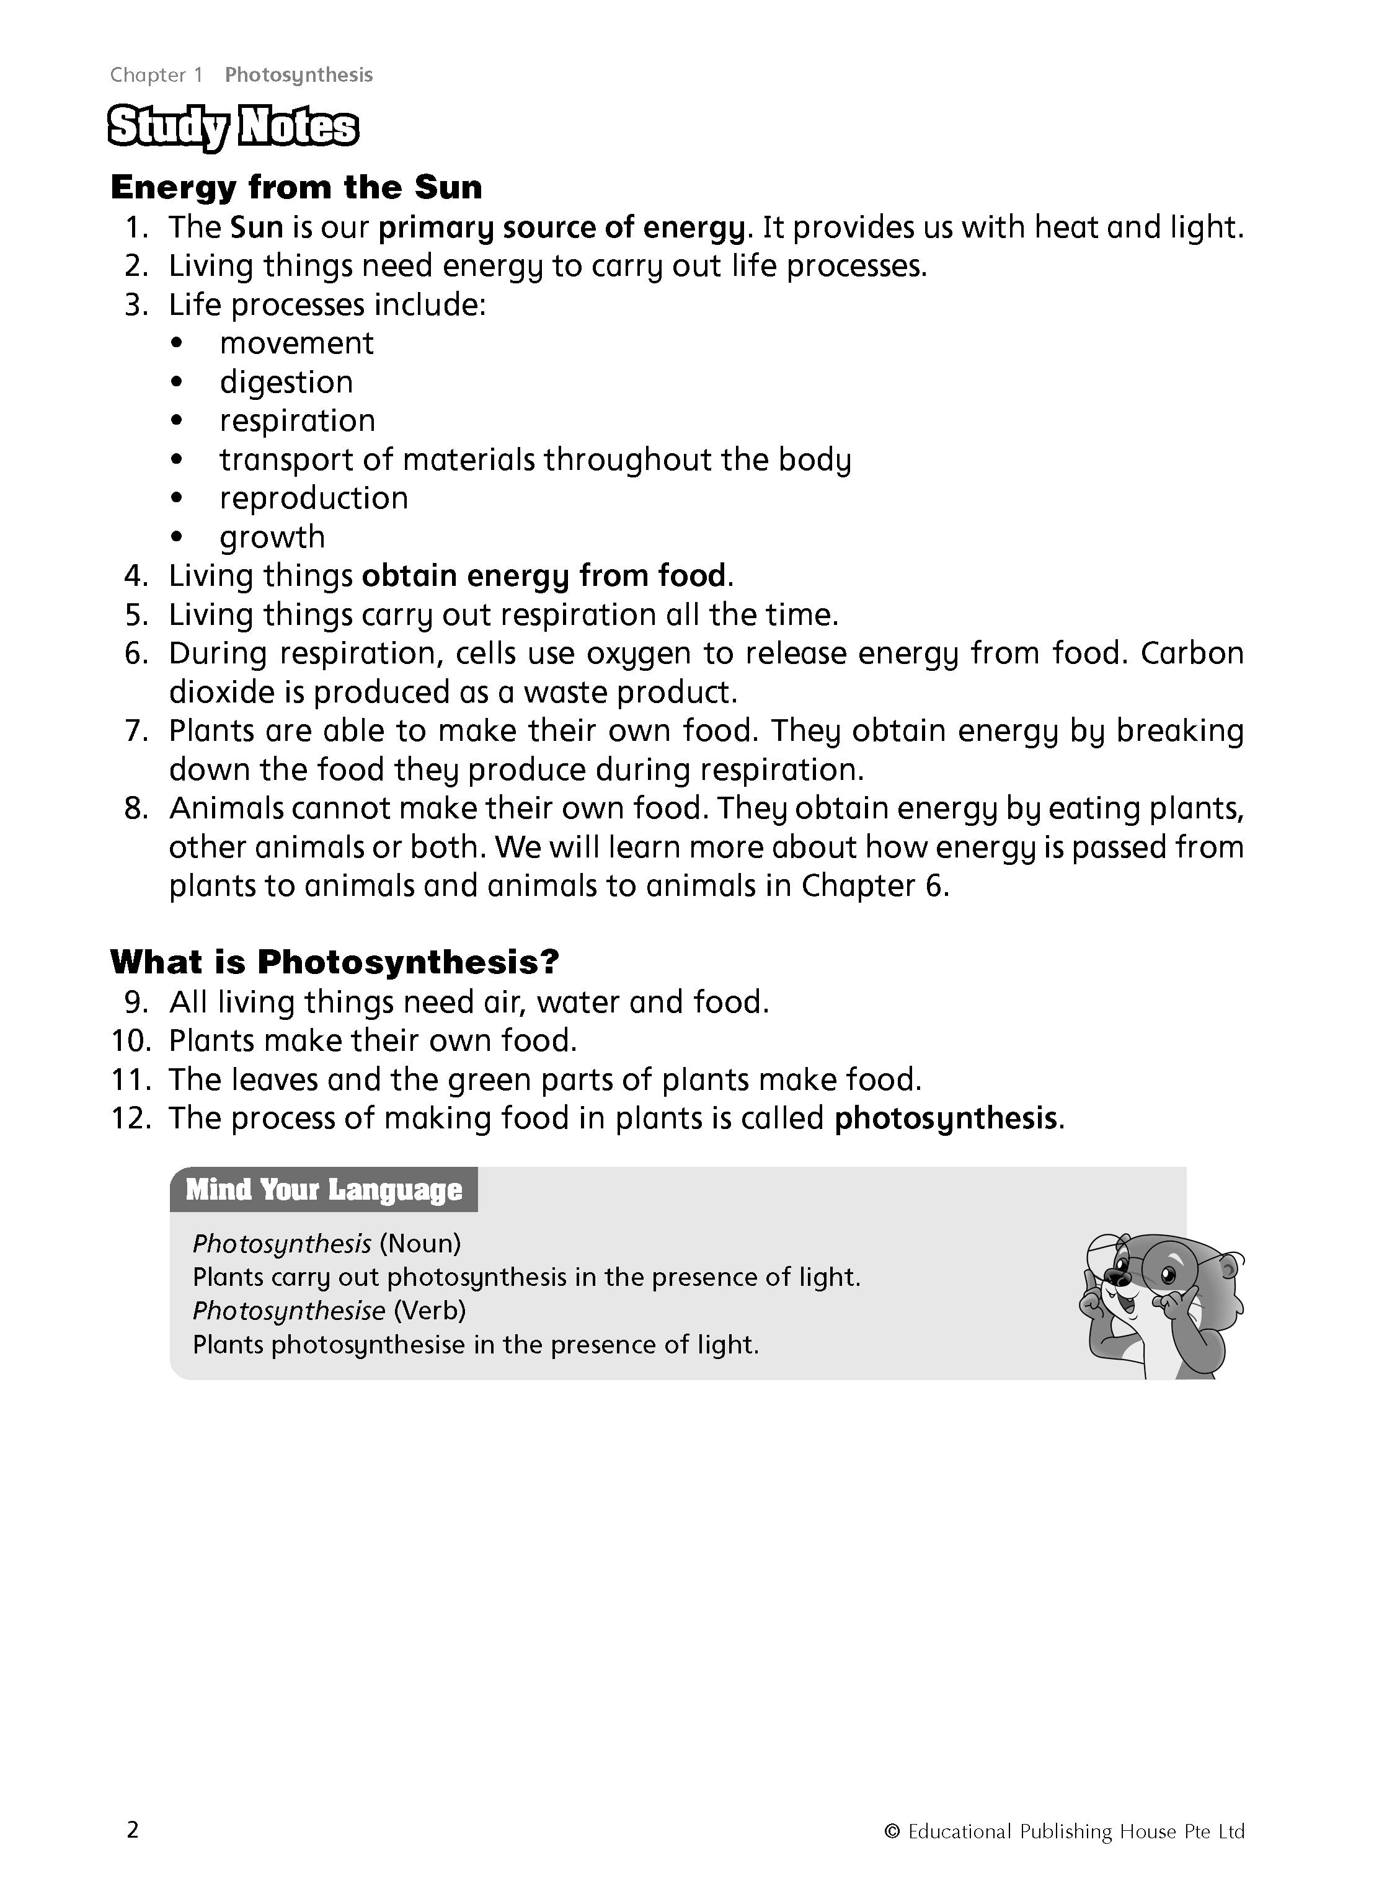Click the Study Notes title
(x=233, y=128)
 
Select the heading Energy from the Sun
(x=296, y=187)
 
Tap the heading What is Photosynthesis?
(x=335, y=961)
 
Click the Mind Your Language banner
(x=324, y=1190)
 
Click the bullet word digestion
(x=286, y=383)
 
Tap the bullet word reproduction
(x=314, y=498)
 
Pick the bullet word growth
(x=272, y=538)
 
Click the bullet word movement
(x=296, y=343)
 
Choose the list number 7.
(x=136, y=731)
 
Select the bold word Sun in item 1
(x=256, y=228)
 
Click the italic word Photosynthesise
(x=289, y=1311)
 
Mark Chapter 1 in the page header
(x=157, y=75)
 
